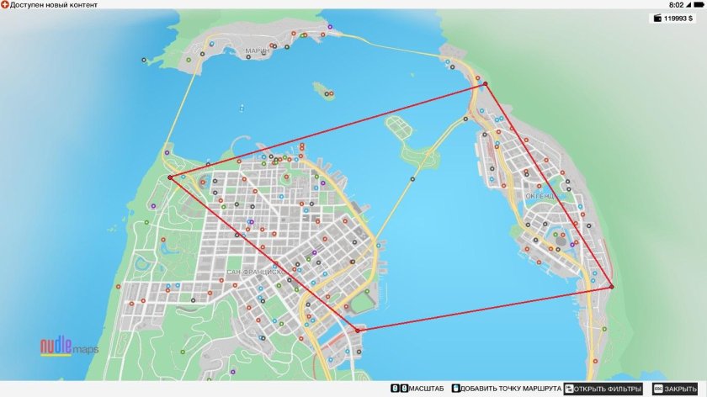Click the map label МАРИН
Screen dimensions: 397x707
(258, 51)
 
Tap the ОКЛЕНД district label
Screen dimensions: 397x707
(540, 196)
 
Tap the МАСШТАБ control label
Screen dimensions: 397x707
(427, 389)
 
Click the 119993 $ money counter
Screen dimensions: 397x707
(678, 18)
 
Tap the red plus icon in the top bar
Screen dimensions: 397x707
(5, 5)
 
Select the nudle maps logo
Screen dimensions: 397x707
(70, 347)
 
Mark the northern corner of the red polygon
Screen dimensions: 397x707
(485, 83)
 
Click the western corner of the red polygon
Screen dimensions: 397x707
(170, 177)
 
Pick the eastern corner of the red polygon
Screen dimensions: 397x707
(612, 288)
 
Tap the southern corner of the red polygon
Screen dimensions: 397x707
(358, 331)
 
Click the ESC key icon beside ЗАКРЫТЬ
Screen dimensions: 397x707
(657, 389)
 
